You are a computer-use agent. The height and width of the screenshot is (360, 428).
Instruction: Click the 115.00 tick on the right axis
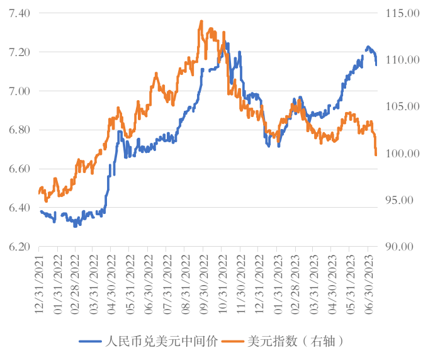400,13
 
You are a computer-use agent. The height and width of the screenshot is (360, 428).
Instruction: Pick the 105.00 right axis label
400,107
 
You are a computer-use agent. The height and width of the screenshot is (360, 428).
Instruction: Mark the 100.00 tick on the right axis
400,154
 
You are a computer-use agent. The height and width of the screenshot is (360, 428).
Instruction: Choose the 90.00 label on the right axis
400,247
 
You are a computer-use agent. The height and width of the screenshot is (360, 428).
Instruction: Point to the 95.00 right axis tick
400,200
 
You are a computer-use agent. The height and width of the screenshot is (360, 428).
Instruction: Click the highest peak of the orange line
201,21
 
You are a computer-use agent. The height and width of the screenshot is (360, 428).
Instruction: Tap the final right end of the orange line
376,155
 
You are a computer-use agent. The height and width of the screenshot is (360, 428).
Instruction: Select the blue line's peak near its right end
368,47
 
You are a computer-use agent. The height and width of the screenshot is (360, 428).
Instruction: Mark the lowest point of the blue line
75,225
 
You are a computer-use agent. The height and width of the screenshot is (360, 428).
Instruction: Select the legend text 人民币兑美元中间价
160,341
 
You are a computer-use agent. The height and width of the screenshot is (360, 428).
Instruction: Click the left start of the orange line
39,191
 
